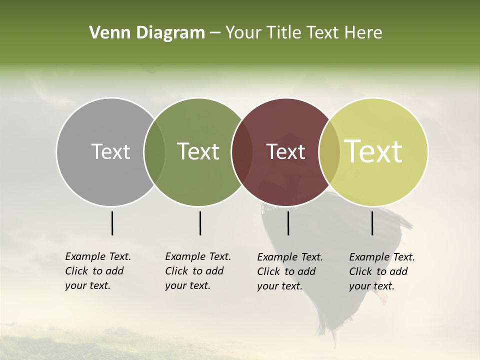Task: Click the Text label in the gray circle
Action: click(x=110, y=151)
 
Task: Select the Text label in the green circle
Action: click(x=198, y=151)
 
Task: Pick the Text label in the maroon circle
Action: click(x=285, y=151)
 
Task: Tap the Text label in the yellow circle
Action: click(x=373, y=151)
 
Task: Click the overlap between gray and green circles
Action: click(x=154, y=152)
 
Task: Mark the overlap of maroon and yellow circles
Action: click(x=329, y=152)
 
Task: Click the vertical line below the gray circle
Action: click(x=112, y=223)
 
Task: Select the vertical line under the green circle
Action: click(x=200, y=223)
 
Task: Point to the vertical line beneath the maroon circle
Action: click(x=288, y=223)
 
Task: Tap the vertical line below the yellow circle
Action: click(x=372, y=223)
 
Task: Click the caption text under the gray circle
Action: click(x=97, y=271)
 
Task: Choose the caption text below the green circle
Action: click(x=197, y=271)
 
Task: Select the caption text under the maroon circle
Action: click(x=289, y=271)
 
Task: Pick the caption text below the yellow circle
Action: click(x=381, y=271)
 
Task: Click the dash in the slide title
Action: click(x=215, y=33)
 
